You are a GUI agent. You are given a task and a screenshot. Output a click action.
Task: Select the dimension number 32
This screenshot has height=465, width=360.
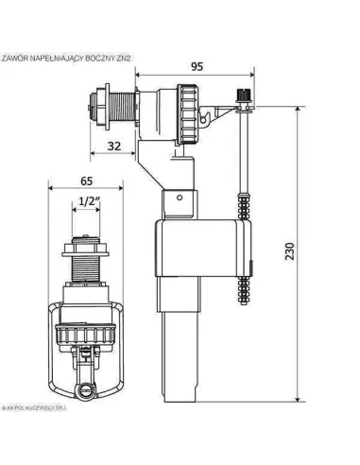point(113,145)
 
